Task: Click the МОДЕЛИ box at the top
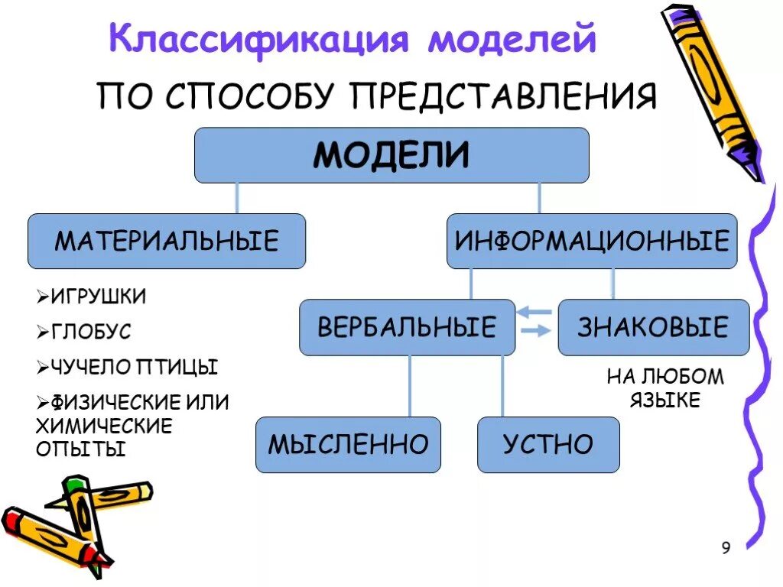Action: click(391, 155)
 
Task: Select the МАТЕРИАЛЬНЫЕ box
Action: click(167, 242)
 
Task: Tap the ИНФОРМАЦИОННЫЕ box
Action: click(592, 242)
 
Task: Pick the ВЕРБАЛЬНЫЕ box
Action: click(407, 328)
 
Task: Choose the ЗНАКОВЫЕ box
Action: click(653, 328)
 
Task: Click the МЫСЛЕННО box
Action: click(348, 445)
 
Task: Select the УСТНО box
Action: click(548, 445)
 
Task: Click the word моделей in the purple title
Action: click(511, 38)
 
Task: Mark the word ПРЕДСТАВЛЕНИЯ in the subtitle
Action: click(504, 97)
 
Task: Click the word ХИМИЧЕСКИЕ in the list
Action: click(104, 426)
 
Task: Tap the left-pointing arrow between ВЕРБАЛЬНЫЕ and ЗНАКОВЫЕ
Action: click(535, 313)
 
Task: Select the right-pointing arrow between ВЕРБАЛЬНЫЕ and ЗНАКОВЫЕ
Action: click(535, 330)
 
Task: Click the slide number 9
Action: click(726, 547)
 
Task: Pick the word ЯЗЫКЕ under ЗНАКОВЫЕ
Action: click(664, 401)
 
